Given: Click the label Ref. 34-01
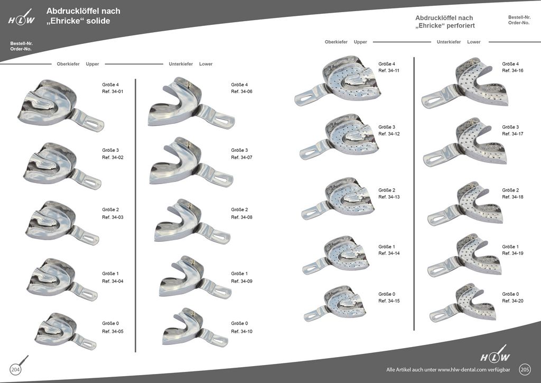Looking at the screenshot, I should coord(113,92).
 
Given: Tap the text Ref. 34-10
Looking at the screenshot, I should coord(242,331).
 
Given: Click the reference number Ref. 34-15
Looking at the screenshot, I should coord(390,300).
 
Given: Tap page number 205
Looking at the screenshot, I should coord(525,369).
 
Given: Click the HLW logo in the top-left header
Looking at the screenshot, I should coord(22,19).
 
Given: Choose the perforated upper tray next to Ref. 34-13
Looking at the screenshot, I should coord(346,198).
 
